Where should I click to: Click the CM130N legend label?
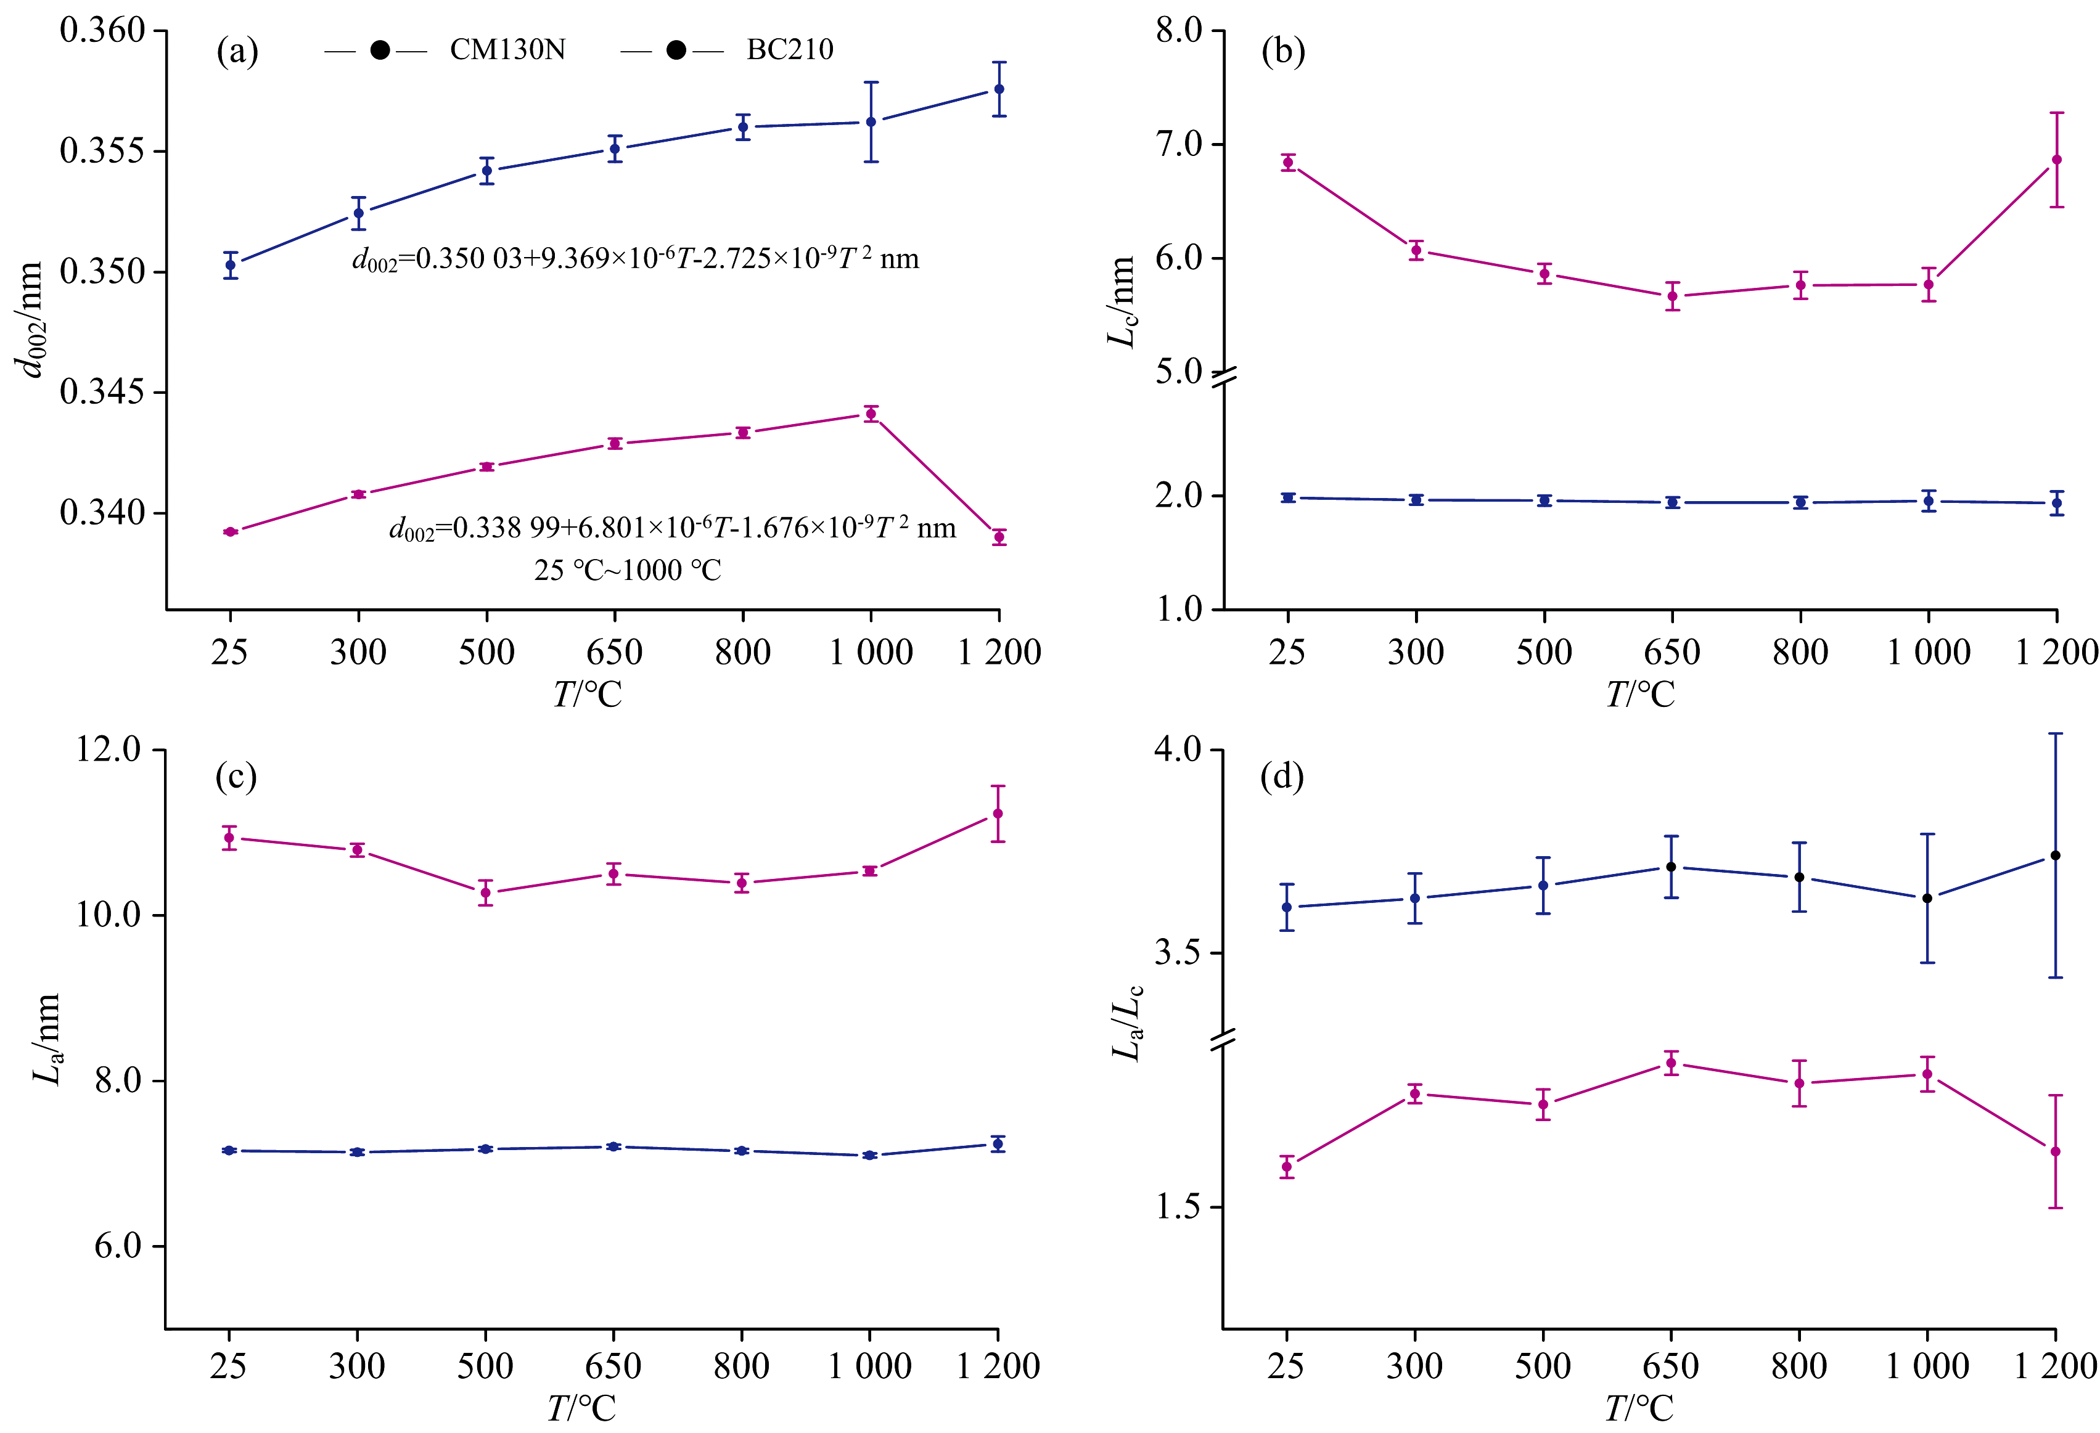[x=508, y=50]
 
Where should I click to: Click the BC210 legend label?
[x=790, y=50]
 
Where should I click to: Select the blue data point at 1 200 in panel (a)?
[x=998, y=89]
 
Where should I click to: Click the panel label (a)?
[x=237, y=52]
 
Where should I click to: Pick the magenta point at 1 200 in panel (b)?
[x=2057, y=160]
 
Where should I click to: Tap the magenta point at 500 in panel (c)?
[x=485, y=892]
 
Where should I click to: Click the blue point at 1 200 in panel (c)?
[x=998, y=1144]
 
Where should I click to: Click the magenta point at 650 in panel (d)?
[x=1671, y=1063]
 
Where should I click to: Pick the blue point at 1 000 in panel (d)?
[x=1927, y=898]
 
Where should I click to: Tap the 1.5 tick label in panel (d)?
[x=1178, y=1207]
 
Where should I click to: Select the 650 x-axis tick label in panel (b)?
[x=1671, y=652]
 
